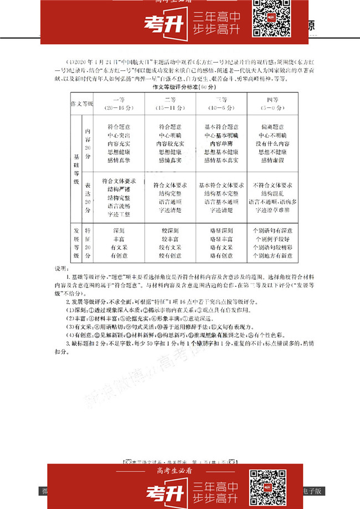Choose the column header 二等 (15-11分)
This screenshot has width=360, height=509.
point(169,103)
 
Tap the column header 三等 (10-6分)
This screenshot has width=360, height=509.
point(221,103)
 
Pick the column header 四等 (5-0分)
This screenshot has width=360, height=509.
point(271,103)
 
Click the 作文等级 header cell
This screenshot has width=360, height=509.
point(81,104)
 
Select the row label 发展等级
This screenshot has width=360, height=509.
point(76,243)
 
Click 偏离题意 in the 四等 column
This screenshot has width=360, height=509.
point(271,127)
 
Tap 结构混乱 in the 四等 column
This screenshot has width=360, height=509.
point(271,193)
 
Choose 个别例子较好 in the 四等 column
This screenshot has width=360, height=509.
point(271,239)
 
